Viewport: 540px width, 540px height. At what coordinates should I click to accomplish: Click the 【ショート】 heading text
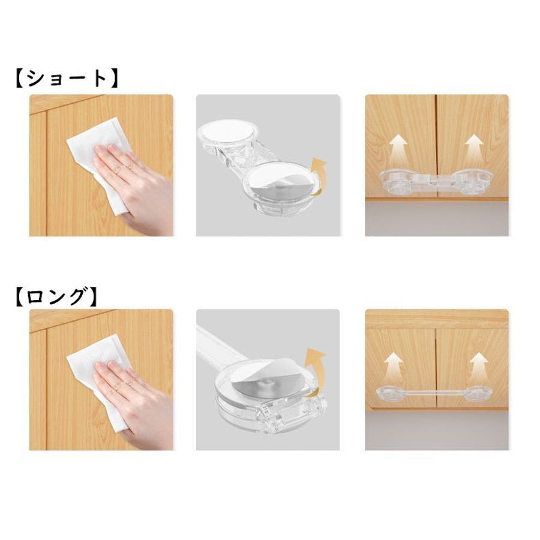point(67,79)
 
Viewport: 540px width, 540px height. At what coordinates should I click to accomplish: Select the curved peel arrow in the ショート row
point(317,176)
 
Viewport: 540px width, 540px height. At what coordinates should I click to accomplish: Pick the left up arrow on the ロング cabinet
point(394,366)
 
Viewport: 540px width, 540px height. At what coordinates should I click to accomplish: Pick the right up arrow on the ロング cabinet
point(479,366)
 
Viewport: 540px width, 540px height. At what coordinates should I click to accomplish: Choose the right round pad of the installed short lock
point(473,181)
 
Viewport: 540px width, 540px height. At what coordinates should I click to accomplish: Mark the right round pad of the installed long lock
point(481,394)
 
